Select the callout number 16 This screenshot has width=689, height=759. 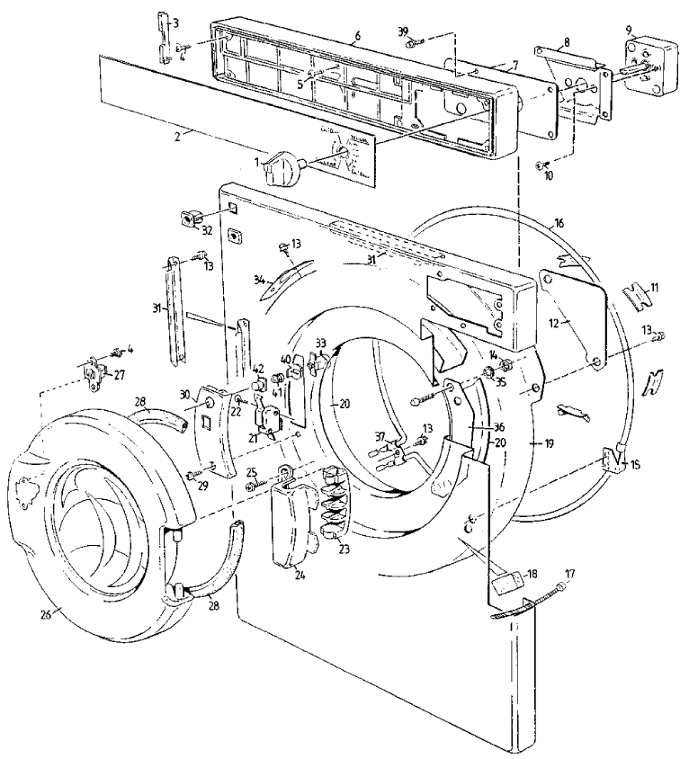pyautogui.click(x=559, y=221)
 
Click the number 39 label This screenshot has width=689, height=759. pyautogui.click(x=404, y=33)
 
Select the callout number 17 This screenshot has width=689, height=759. pyautogui.click(x=568, y=572)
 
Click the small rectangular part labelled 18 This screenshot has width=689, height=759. pyautogui.click(x=506, y=585)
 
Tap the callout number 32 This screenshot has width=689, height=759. pyautogui.click(x=206, y=229)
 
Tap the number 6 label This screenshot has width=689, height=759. pyautogui.click(x=357, y=35)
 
